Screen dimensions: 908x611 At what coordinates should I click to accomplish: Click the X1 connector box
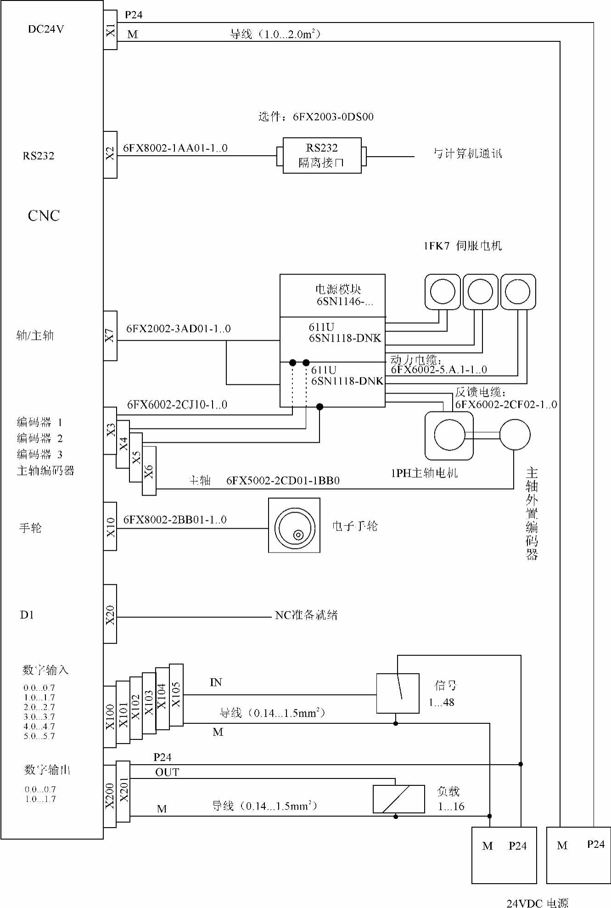click(x=110, y=30)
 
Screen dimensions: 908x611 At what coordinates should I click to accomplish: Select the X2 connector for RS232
click(x=110, y=154)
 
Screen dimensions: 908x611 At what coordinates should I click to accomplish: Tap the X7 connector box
click(x=110, y=336)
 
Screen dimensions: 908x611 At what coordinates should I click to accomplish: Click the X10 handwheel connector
click(x=110, y=526)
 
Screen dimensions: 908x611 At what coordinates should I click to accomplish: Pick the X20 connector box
click(x=110, y=614)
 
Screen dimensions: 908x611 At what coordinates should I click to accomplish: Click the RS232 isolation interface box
click(x=322, y=155)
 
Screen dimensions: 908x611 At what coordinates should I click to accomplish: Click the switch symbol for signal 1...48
click(x=398, y=693)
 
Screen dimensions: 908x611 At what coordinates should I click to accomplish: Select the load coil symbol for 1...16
click(x=398, y=799)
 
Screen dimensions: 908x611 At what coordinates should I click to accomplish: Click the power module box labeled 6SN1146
click(x=332, y=295)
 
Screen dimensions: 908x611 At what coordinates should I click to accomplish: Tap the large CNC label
click(x=44, y=216)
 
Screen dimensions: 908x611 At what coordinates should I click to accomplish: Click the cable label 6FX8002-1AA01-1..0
click(x=175, y=148)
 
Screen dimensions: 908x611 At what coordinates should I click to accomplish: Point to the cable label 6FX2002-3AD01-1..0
click(x=179, y=329)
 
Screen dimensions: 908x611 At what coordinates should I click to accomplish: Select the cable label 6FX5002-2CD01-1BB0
click(x=283, y=481)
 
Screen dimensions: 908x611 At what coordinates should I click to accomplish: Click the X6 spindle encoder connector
click(x=149, y=471)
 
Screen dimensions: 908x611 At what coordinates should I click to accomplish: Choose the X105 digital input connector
click(x=176, y=694)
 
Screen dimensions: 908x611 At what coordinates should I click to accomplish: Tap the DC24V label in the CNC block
click(x=46, y=29)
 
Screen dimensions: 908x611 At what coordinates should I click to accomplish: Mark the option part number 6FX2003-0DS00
click(x=333, y=117)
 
